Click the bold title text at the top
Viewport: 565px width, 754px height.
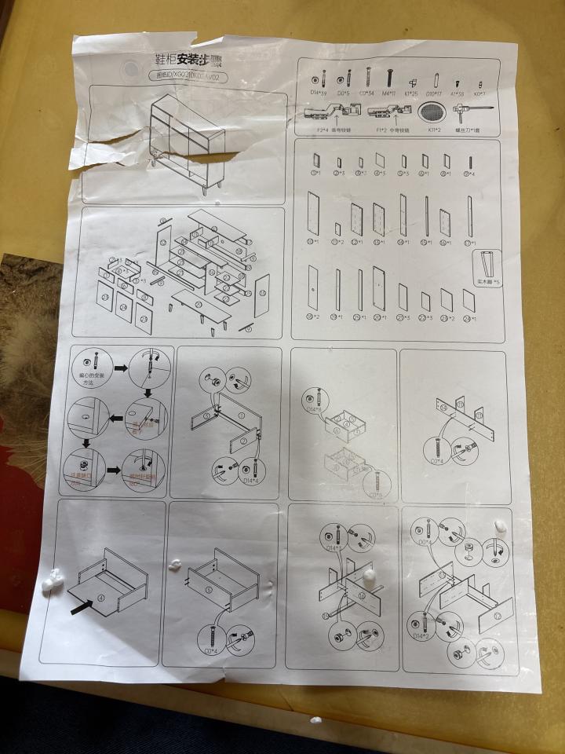[x=183, y=58]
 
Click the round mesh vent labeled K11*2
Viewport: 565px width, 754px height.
[x=434, y=111]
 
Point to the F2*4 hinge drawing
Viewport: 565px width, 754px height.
[x=323, y=112]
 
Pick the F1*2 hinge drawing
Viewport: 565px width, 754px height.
[x=385, y=113]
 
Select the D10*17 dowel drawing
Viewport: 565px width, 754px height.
[x=434, y=79]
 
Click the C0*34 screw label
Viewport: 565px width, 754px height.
[x=366, y=93]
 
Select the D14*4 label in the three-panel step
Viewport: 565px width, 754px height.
[x=251, y=481]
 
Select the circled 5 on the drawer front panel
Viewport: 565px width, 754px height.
[x=210, y=588]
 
